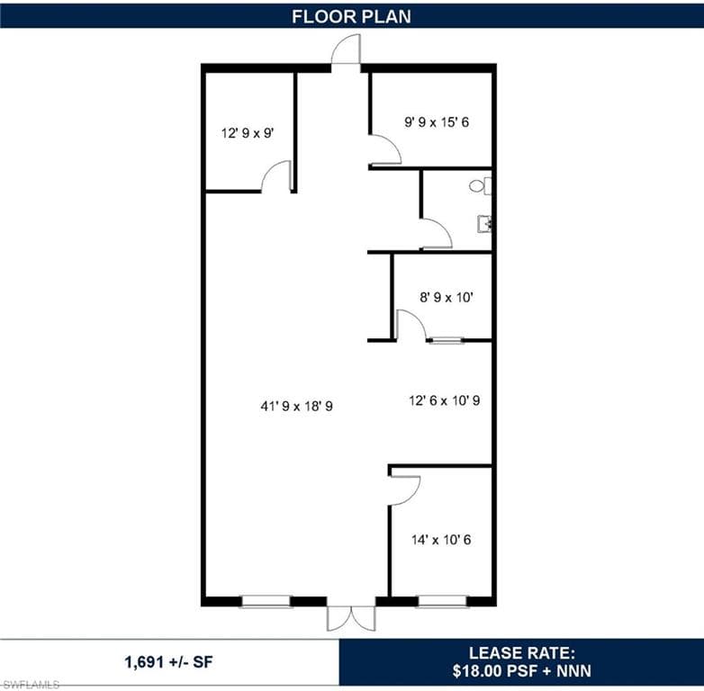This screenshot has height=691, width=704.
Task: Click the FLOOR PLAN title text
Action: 352,16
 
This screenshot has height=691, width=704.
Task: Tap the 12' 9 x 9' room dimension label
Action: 248,133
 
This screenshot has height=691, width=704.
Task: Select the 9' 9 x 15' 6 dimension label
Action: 437,122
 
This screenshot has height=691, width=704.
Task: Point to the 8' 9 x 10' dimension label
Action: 447,297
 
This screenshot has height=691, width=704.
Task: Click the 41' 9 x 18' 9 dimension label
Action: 296,406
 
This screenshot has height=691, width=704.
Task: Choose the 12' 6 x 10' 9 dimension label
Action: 445,400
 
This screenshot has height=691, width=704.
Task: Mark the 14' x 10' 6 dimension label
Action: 441,539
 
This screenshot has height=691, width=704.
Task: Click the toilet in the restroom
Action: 481,185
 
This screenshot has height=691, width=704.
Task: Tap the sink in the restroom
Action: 484,223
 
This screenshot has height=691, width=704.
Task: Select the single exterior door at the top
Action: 346,49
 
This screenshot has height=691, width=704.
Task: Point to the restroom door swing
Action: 437,233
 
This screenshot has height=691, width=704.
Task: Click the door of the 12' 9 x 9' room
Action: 276,175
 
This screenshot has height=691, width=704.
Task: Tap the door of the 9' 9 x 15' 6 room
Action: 384,150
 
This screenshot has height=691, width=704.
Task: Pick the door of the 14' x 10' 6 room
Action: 405,490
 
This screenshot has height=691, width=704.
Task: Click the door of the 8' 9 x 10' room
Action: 411,325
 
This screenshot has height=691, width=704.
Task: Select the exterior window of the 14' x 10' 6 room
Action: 442,601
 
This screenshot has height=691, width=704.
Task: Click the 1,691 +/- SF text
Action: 169,662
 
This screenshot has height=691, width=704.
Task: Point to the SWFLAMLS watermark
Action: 30,685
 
